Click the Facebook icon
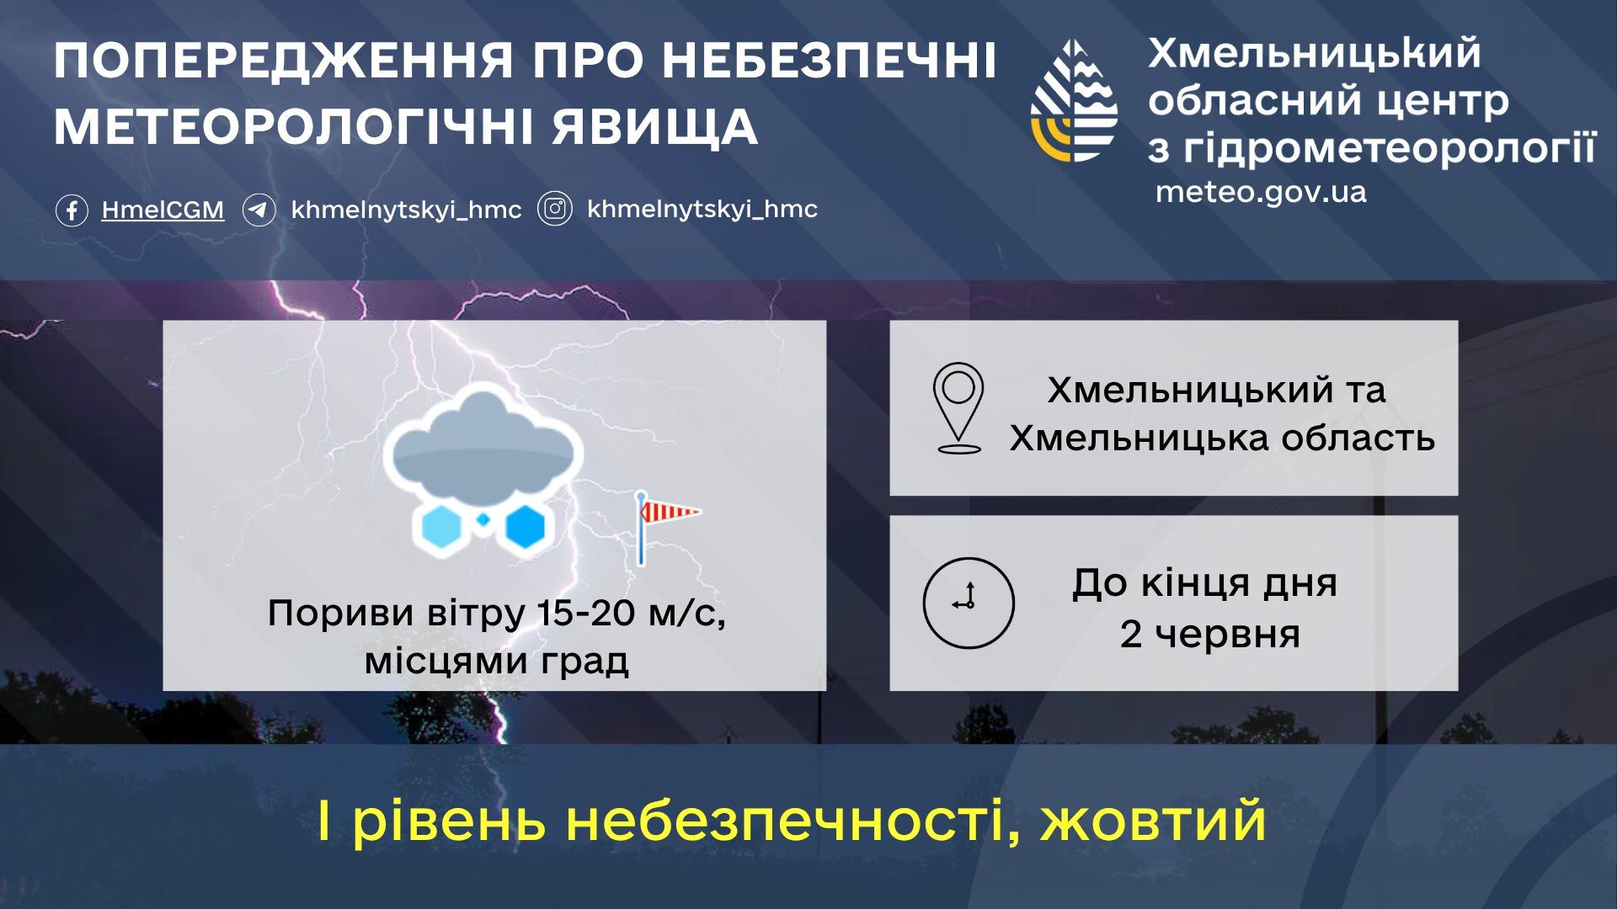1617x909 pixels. point(72,210)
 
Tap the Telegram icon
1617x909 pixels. point(259,210)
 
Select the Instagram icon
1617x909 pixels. point(555,209)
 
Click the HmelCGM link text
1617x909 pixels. point(163,210)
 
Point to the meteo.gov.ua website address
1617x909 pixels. point(1261,192)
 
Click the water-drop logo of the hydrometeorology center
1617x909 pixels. point(1074,100)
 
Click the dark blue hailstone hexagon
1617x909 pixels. point(525,527)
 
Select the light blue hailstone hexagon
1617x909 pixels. point(440,527)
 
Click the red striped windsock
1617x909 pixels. point(670,511)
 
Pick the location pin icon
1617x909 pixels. point(958,408)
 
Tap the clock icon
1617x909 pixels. point(969,603)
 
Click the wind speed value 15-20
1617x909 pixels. point(587,613)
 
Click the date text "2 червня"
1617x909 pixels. point(1209,634)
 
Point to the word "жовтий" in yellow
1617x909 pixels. point(1153,821)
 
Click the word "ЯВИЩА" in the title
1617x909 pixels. point(656,127)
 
